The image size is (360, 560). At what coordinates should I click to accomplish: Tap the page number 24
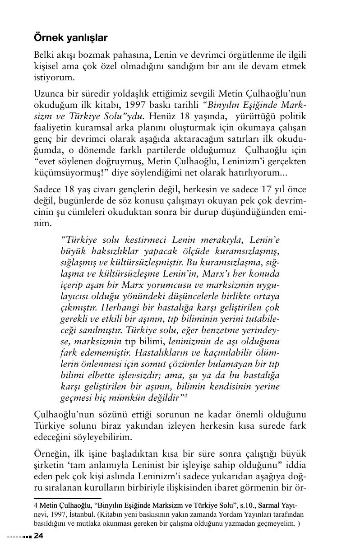click(38, 536)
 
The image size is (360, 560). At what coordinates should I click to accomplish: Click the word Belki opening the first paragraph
click(45, 55)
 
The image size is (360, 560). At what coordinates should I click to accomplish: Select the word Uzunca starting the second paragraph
click(48, 94)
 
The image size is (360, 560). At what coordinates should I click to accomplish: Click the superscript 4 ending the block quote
click(185, 395)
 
